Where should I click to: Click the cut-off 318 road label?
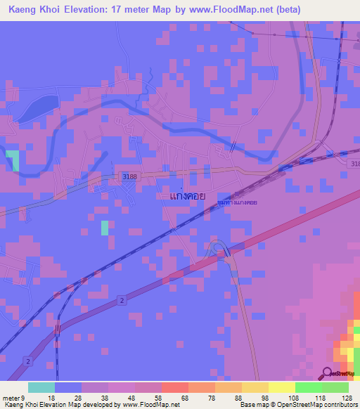click(353, 163)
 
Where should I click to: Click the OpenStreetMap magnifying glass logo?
click(327, 373)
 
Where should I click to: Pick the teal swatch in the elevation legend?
click(41, 387)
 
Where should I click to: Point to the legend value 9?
click(23, 398)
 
